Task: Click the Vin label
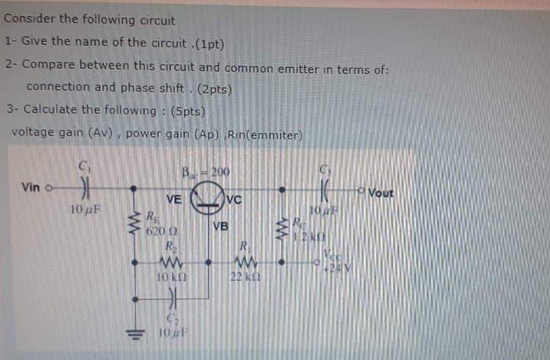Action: [32, 187]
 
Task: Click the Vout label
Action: [380, 193]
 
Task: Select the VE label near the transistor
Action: [173, 199]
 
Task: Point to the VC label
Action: [234, 200]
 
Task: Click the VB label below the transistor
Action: [221, 225]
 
